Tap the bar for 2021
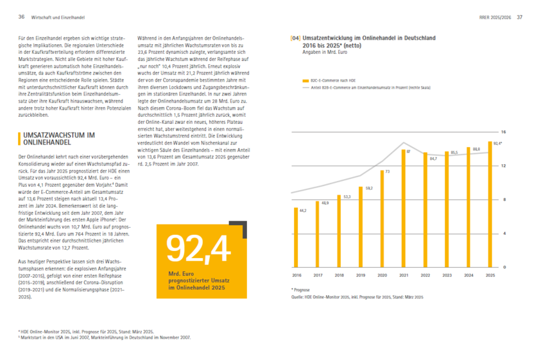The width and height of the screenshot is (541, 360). (404, 207)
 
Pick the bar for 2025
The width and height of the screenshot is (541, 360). (490, 204)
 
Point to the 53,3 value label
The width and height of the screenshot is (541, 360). (347, 196)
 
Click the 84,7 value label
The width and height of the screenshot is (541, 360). (433, 158)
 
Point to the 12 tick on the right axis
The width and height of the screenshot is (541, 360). (504, 166)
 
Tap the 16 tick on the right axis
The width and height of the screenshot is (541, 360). (504, 132)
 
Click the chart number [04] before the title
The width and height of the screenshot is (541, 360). (296, 39)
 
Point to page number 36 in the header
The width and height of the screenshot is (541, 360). (21, 17)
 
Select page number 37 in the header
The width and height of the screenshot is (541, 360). (520, 17)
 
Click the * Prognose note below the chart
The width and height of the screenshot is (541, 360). (301, 289)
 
